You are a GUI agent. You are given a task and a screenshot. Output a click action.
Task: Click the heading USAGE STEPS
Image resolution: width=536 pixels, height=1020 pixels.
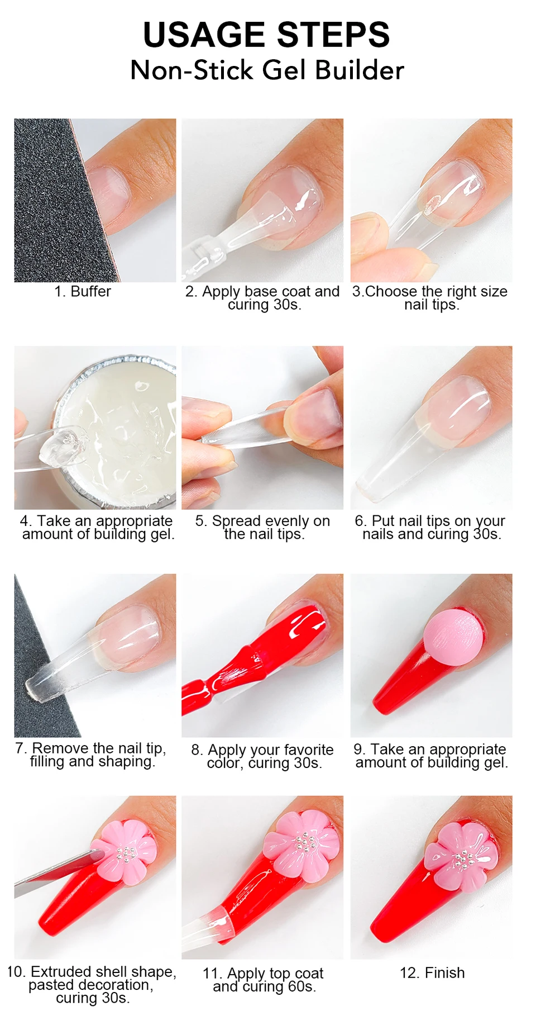(266, 35)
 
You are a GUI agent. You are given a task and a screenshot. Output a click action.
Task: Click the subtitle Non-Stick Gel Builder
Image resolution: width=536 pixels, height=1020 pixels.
(267, 70)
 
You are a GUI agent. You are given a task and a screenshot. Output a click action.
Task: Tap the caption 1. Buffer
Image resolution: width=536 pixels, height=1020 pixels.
(83, 291)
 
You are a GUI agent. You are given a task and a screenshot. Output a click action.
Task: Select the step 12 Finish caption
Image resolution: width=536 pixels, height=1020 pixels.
(432, 972)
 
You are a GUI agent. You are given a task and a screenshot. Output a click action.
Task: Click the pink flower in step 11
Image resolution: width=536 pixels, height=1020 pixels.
(301, 844)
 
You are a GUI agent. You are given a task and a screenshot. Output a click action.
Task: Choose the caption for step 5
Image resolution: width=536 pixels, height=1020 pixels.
(263, 528)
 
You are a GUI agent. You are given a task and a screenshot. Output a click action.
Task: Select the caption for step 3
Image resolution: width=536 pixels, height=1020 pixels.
(430, 298)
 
